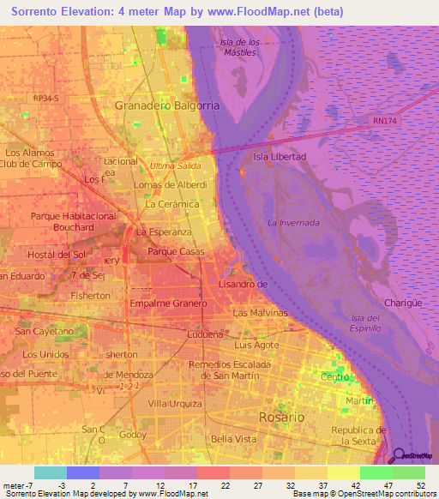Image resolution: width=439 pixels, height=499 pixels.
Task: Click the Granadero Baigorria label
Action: pos(167,105)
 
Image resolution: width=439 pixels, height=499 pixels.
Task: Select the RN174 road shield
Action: pos(384,122)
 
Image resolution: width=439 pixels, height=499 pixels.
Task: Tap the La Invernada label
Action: pos(293,223)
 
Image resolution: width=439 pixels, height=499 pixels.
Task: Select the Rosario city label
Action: pos(281,417)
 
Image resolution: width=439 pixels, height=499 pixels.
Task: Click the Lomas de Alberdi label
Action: pos(171,184)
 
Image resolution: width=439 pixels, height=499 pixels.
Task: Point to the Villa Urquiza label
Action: pos(174,403)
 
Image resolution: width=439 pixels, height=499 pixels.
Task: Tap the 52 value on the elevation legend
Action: pos(419,485)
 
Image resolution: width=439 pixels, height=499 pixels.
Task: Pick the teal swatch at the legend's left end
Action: pos(50,472)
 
